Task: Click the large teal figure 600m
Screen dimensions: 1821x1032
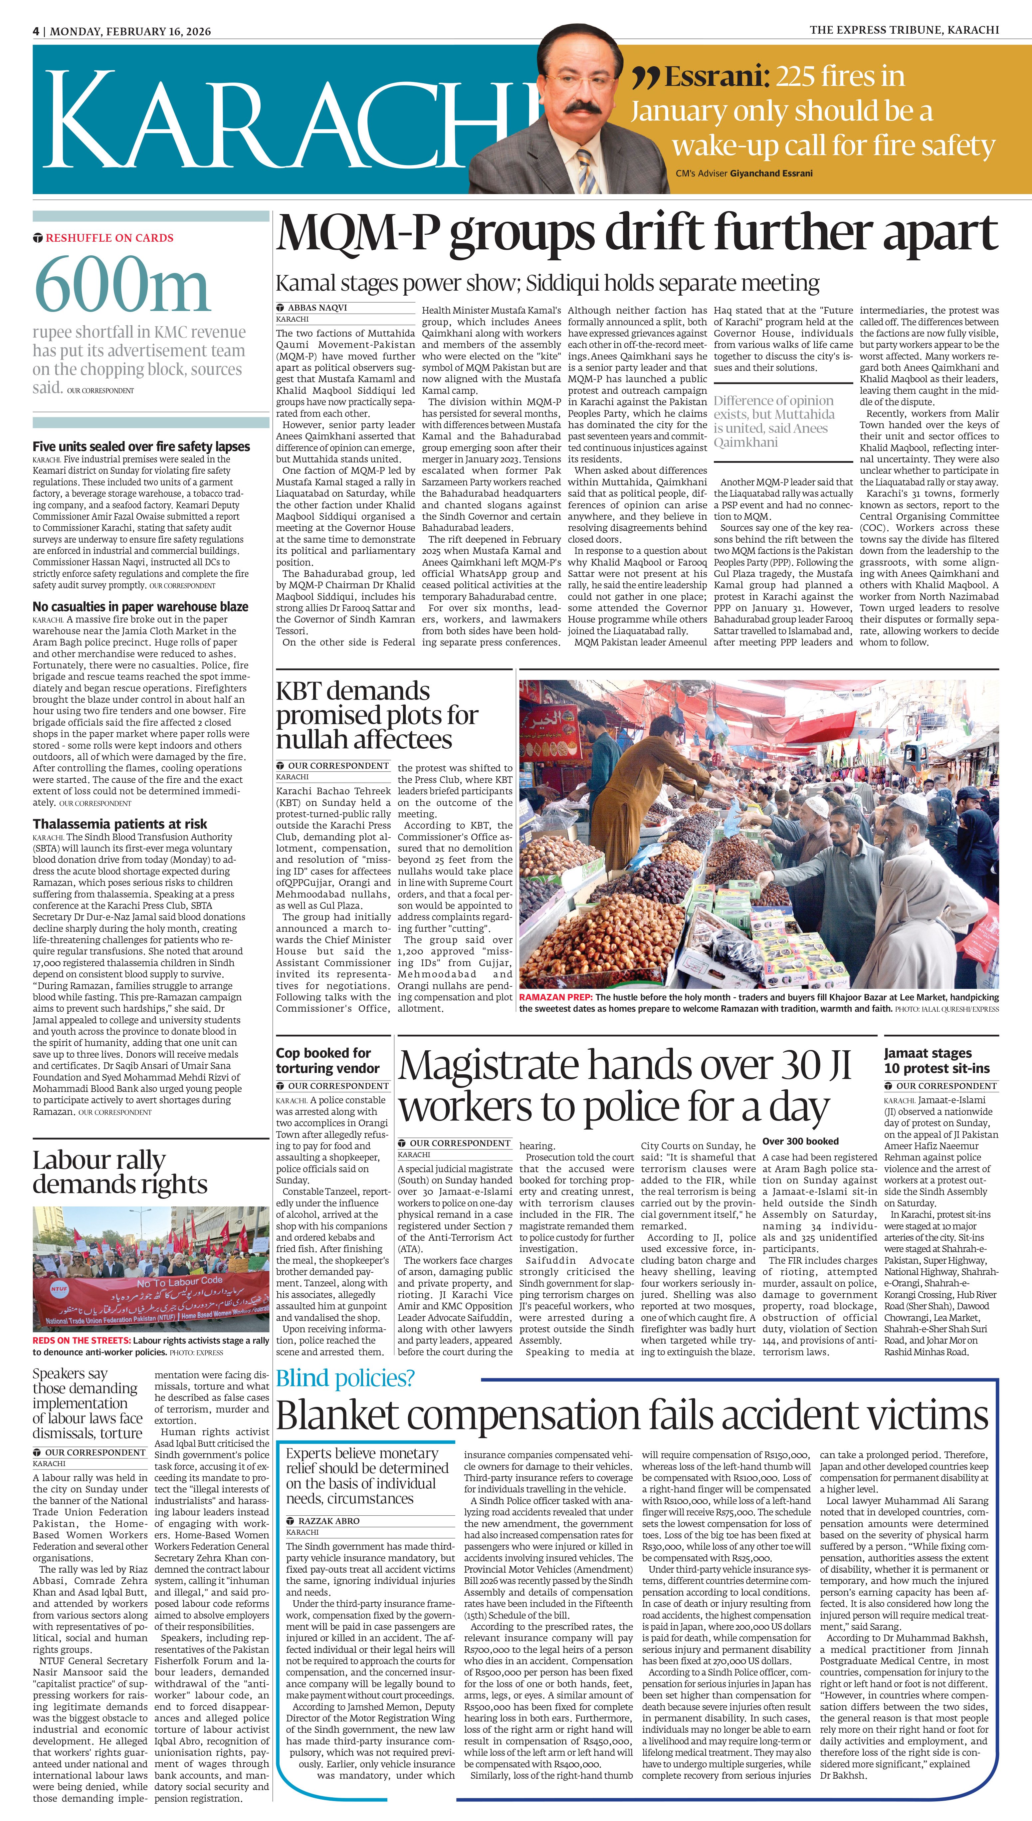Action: pos(122,286)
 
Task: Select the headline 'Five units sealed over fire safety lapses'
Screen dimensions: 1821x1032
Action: pos(141,446)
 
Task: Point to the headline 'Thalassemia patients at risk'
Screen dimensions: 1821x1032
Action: pos(120,824)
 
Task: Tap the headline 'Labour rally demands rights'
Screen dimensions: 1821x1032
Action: pos(120,1172)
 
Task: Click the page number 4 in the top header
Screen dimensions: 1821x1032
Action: pos(35,31)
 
